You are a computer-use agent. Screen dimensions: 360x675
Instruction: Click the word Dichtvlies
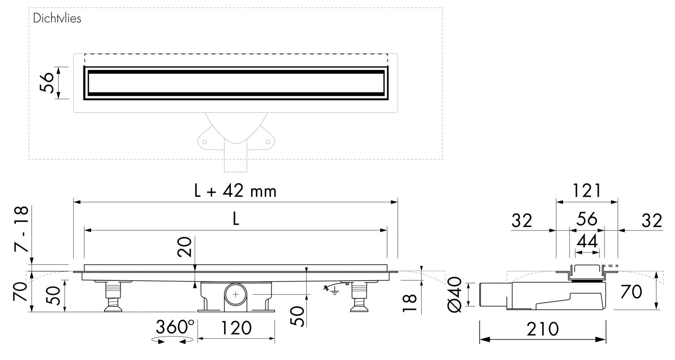point(57,19)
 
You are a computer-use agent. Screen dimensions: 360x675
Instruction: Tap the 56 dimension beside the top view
point(47,83)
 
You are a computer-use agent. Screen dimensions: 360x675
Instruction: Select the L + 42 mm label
point(235,191)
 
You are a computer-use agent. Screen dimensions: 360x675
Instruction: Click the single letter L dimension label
point(236,219)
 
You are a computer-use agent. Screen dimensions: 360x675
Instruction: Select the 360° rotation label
point(175,327)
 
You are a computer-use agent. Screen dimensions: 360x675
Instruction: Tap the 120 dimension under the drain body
point(236,328)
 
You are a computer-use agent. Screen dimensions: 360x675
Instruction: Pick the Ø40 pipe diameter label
point(455,295)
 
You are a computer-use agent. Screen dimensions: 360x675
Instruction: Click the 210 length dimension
point(543,329)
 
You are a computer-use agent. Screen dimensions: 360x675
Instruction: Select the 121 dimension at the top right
point(586,191)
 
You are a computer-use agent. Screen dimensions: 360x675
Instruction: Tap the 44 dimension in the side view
point(587,241)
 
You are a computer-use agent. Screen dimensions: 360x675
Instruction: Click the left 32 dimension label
point(522,220)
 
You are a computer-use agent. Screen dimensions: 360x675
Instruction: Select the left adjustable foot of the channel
point(114,298)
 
